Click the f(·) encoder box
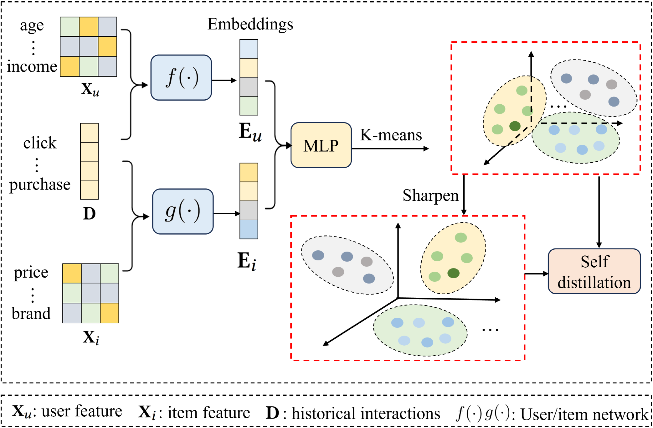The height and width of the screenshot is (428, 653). (x=181, y=78)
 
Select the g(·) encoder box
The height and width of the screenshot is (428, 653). (x=183, y=211)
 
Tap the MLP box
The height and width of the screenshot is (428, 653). (x=321, y=145)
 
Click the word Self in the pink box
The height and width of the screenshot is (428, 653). (x=595, y=262)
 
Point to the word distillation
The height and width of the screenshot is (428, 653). (x=594, y=283)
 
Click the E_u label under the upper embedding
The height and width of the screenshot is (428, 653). (x=250, y=132)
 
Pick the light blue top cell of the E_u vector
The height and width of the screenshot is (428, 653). (x=249, y=49)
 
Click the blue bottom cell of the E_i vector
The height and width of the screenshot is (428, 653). (x=249, y=229)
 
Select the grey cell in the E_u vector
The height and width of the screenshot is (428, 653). (x=249, y=87)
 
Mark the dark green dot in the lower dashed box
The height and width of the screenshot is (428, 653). (x=453, y=273)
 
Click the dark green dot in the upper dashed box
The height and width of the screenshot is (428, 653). (x=515, y=126)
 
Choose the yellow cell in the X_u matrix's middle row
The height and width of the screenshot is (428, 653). (x=107, y=47)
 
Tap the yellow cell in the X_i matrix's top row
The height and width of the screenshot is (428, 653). (x=72, y=273)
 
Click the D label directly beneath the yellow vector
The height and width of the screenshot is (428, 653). (x=90, y=214)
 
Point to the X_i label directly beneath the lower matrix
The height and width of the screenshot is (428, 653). (x=91, y=338)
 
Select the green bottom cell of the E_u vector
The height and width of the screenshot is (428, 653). (x=249, y=106)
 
